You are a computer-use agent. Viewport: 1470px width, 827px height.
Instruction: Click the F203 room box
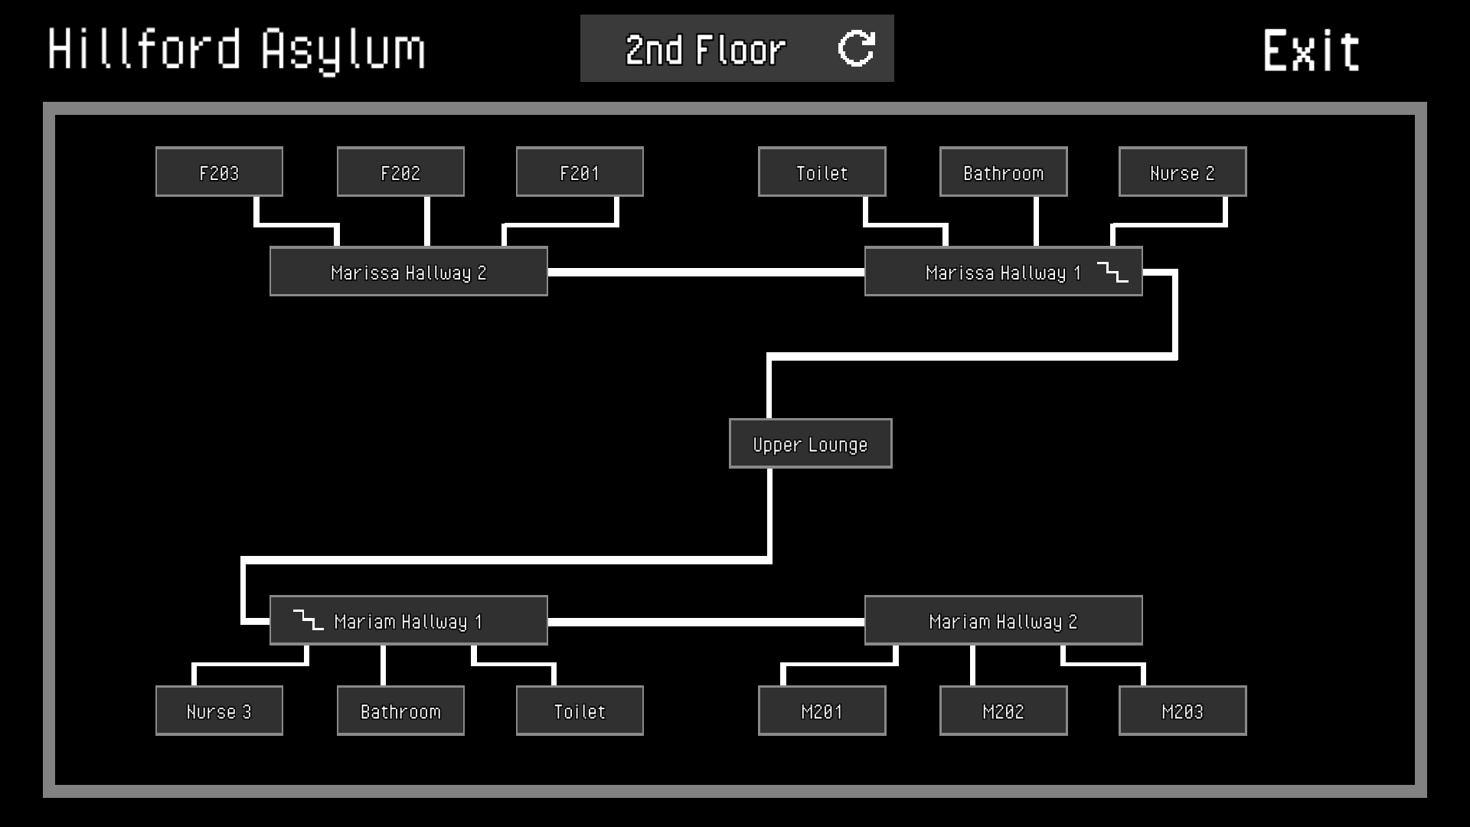tap(219, 172)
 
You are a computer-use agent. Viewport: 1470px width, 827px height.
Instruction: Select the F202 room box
tap(400, 172)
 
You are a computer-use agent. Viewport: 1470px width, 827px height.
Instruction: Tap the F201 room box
tap(580, 172)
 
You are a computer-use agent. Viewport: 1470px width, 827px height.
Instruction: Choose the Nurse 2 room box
tap(1182, 172)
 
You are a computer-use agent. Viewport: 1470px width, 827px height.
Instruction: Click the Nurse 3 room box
tap(219, 711)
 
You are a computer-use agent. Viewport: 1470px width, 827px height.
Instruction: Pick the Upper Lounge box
tap(810, 443)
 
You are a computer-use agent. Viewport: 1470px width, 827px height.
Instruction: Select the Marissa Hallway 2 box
tap(408, 272)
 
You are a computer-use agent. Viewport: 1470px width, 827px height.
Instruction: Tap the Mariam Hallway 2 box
tap(1003, 620)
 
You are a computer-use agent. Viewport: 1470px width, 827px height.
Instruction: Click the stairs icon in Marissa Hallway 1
tap(1112, 272)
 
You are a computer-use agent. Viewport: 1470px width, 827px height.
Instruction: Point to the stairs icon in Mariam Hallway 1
tap(308, 620)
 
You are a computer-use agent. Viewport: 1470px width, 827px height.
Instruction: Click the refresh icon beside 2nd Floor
tap(856, 49)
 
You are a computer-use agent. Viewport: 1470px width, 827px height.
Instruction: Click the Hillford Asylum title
tap(237, 50)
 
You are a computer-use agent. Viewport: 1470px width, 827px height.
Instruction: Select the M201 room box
tap(822, 711)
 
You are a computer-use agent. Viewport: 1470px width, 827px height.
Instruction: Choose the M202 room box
tap(1003, 711)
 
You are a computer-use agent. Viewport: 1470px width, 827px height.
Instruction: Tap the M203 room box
tap(1182, 711)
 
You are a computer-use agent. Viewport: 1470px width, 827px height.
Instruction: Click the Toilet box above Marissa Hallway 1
tap(822, 172)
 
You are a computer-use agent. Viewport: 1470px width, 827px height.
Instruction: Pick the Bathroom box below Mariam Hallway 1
tap(400, 711)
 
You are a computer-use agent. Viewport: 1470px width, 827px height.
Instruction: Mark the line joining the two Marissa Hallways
tap(706, 272)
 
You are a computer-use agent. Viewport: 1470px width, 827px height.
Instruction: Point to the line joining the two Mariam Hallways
tap(706, 622)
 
